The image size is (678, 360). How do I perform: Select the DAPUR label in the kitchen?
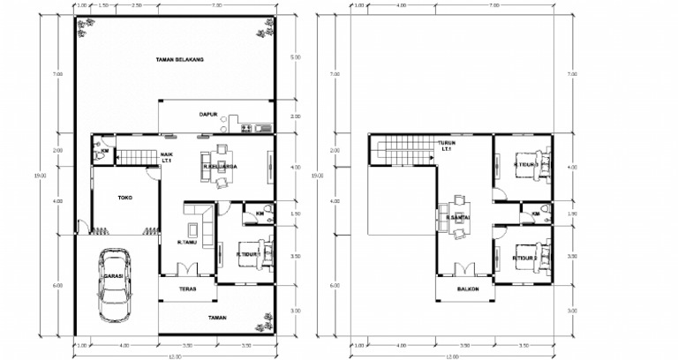coord(207,115)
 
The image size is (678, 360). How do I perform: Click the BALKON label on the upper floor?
coord(468,289)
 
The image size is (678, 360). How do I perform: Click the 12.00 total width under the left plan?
coord(177,356)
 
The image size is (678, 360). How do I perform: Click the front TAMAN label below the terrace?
coord(218,316)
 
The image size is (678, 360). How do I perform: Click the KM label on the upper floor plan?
coord(535,214)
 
